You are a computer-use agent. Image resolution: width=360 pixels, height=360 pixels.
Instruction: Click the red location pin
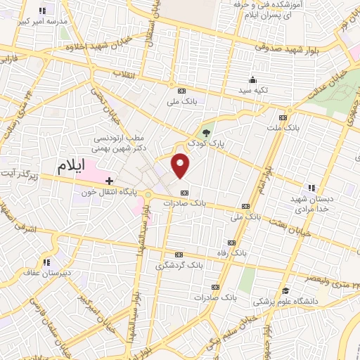click(181, 166)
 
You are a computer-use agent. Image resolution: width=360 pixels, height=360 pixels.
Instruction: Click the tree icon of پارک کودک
click(206, 132)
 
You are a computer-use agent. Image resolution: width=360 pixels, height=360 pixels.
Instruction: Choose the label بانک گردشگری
click(179, 265)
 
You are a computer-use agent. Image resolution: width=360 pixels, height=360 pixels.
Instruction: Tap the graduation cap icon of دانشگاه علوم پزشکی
click(285, 291)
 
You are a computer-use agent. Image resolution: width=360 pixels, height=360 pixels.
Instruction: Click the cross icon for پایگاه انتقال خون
click(109, 181)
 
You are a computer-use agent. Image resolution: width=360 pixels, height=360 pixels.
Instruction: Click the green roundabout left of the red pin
click(149, 195)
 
